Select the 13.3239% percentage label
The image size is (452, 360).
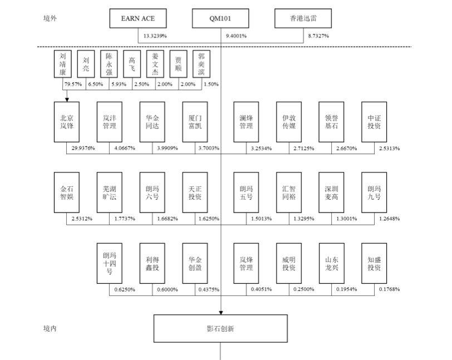tap(155, 36)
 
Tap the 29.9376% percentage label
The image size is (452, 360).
tap(83, 148)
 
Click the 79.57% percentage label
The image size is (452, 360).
tap(73, 84)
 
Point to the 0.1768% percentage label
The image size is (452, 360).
tap(389, 289)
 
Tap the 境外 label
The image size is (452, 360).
tap(50, 18)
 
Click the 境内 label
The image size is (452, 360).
tap(50, 329)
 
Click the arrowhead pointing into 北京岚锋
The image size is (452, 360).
tap(67, 100)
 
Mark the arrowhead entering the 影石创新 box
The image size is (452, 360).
tap(221, 313)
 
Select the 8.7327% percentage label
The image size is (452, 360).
tap(318, 36)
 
